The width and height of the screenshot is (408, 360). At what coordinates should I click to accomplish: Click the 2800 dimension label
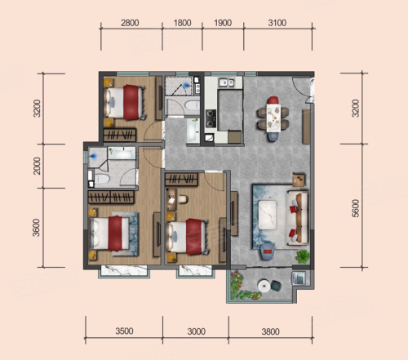[130, 23]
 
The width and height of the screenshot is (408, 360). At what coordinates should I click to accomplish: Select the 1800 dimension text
[182, 23]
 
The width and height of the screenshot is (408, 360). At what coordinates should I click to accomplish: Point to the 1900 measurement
[223, 23]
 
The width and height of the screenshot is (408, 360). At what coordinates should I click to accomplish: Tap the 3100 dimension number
[277, 23]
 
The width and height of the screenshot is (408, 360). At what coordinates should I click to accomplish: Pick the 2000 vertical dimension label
[37, 166]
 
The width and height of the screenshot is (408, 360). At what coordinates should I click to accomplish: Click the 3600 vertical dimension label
[37, 228]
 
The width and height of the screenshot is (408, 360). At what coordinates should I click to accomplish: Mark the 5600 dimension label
[356, 208]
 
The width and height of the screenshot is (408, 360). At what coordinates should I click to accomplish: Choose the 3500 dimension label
[124, 331]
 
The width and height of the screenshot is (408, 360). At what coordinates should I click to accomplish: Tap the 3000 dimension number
[196, 331]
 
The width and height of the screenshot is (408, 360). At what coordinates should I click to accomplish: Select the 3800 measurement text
[271, 331]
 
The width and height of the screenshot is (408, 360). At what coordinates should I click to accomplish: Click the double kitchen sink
[227, 82]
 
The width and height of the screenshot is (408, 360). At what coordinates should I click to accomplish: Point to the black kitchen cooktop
[211, 118]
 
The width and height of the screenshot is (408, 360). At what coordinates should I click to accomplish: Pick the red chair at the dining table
[273, 100]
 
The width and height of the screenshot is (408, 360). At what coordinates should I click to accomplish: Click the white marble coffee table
[268, 215]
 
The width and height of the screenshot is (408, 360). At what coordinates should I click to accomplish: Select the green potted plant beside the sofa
[303, 256]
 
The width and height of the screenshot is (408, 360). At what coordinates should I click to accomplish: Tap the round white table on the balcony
[264, 286]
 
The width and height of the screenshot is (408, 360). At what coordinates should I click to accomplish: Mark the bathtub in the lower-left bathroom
[122, 153]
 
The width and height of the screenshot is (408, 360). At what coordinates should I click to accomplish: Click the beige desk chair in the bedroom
[183, 199]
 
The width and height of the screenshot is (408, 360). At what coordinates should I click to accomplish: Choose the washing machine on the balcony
[299, 278]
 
